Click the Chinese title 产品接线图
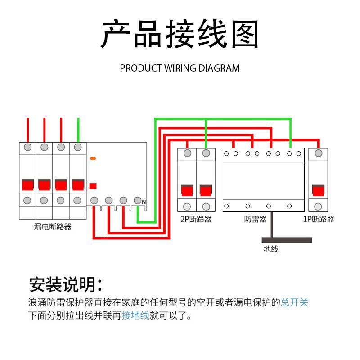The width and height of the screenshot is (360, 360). tap(180, 34)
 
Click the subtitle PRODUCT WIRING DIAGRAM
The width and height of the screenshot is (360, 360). tap(180, 68)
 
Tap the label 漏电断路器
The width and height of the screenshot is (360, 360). tap(53, 227)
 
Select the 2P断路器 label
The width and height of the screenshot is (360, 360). tap(196, 219)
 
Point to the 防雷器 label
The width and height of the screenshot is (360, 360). tap(256, 219)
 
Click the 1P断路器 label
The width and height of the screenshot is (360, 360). tap(319, 219)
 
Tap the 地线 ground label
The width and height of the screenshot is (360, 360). tap(270, 248)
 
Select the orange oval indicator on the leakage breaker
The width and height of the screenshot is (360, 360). tap(93, 158)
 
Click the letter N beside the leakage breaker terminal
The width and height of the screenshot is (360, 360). tap(144, 202)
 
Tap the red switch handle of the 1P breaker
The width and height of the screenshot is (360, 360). tap(319, 191)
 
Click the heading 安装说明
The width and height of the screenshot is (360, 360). tap(65, 284)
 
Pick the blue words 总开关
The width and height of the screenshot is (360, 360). tap(295, 302)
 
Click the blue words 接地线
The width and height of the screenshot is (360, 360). tap(135, 315)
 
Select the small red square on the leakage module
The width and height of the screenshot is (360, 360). tap(93, 185)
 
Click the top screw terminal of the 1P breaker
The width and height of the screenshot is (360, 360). tap(319, 153)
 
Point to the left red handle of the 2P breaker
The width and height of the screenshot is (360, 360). tap(187, 191)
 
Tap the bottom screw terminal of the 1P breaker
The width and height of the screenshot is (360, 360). tap(319, 207)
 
